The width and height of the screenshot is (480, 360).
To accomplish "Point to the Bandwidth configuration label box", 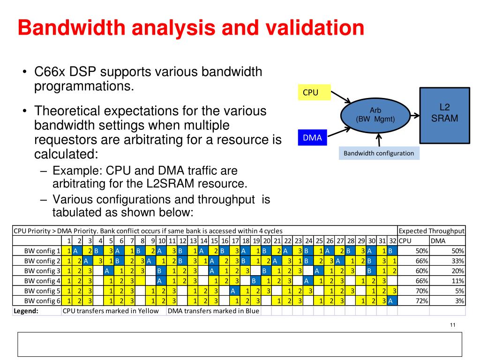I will (379, 153).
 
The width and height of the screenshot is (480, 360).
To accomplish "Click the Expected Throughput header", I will (431, 231).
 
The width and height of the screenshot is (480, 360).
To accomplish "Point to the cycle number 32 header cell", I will (393, 240).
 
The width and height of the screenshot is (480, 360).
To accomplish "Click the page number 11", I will (452, 326).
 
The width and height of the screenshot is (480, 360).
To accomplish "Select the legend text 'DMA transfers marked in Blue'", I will (213, 311).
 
